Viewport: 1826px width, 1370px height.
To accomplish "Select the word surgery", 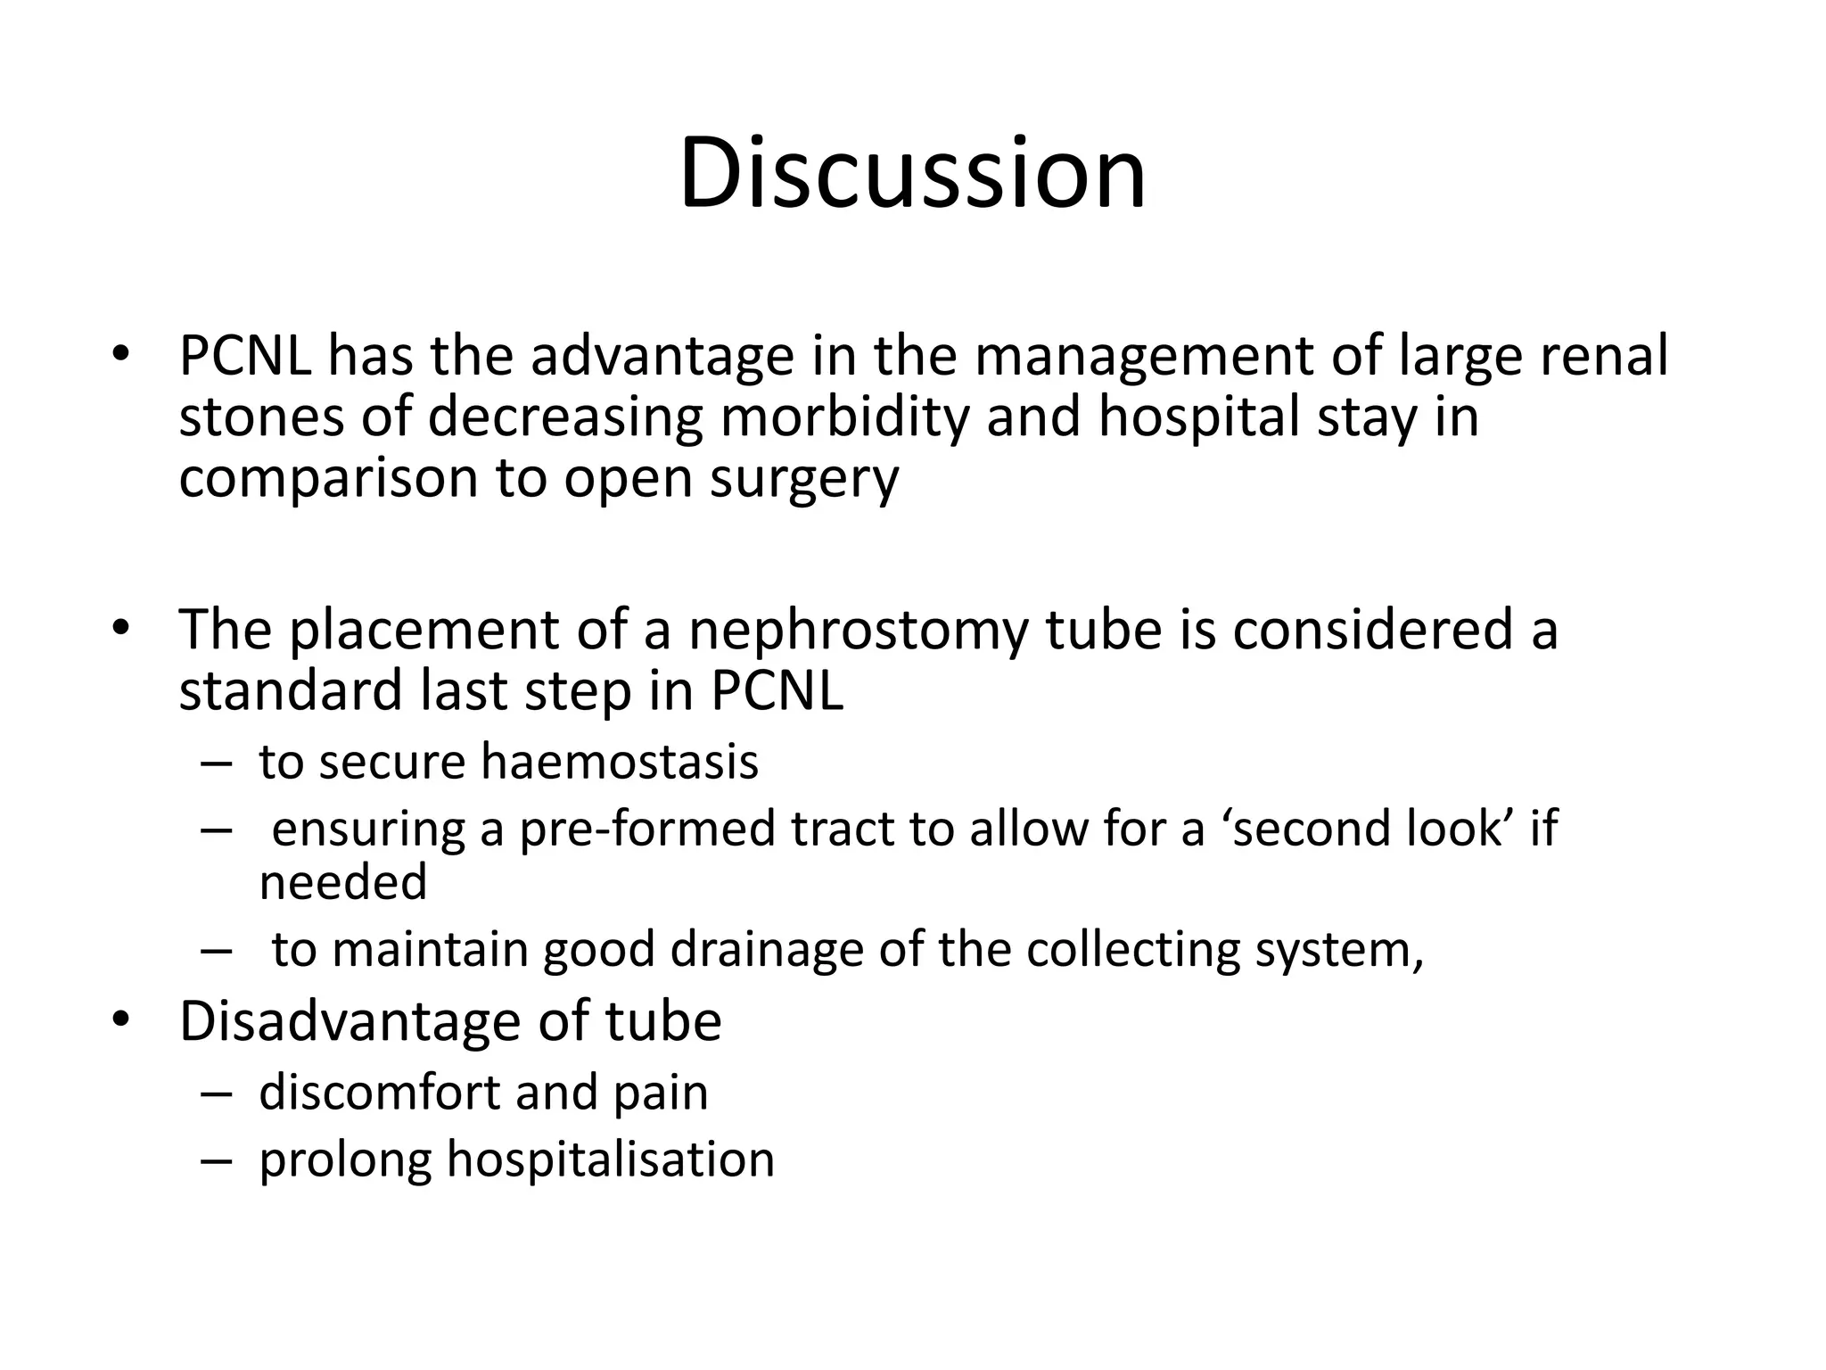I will [x=804, y=479].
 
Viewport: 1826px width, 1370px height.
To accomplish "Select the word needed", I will [x=343, y=882].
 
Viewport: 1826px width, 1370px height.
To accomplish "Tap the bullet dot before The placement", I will [x=121, y=628].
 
